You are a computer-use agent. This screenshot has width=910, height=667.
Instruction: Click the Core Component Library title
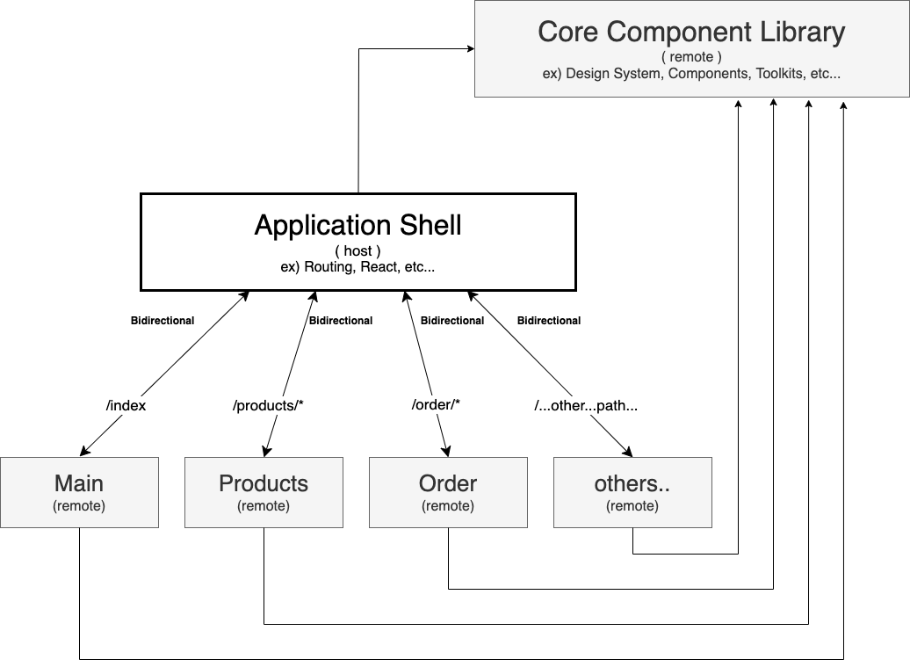691,33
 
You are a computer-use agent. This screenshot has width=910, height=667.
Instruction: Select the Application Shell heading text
357,225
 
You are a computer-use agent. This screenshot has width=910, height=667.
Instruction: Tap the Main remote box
79,492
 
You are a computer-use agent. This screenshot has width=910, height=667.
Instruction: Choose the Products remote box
264,492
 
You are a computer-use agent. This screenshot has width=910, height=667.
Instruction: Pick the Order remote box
448,492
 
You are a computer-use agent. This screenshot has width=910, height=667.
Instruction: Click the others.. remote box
632,492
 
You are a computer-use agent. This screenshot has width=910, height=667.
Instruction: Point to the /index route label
126,405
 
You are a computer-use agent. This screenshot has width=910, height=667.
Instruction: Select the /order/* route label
436,405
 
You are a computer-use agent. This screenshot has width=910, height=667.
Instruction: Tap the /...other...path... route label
585,405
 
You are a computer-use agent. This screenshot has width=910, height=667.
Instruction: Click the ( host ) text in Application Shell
357,250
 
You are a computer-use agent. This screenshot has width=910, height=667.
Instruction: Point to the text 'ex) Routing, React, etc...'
357,266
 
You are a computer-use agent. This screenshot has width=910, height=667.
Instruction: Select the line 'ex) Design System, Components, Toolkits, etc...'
691,74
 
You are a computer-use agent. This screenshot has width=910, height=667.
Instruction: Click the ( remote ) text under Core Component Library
691,57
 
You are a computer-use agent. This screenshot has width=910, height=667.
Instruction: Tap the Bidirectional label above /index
162,321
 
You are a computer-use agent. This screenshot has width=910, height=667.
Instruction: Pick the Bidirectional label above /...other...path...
549,321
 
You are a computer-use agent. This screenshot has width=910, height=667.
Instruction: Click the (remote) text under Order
448,506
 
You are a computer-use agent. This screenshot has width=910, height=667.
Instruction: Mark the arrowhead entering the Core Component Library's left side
469,49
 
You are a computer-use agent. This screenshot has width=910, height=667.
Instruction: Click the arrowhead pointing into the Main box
86,451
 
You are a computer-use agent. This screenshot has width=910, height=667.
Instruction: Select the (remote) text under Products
264,506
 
